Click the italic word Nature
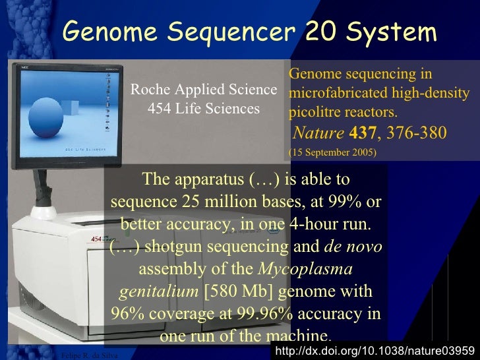tap(318, 133)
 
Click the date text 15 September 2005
tap(333, 152)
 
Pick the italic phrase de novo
tap(353, 247)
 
